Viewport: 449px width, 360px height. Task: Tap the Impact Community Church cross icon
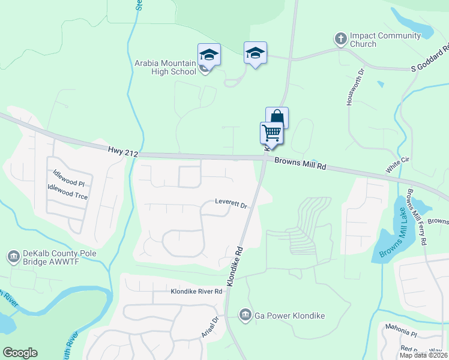click(x=340, y=39)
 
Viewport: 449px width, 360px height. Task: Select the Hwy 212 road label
click(x=123, y=154)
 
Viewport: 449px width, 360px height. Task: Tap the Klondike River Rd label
click(x=196, y=292)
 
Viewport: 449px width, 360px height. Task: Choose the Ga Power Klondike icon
click(x=245, y=314)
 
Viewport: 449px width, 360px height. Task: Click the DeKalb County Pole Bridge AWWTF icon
click(x=13, y=257)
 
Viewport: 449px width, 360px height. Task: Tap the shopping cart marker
click(x=271, y=133)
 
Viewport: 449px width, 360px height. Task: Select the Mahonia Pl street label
click(x=401, y=334)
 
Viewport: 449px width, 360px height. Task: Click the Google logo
click(x=20, y=353)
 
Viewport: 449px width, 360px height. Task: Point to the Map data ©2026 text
click(x=423, y=355)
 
